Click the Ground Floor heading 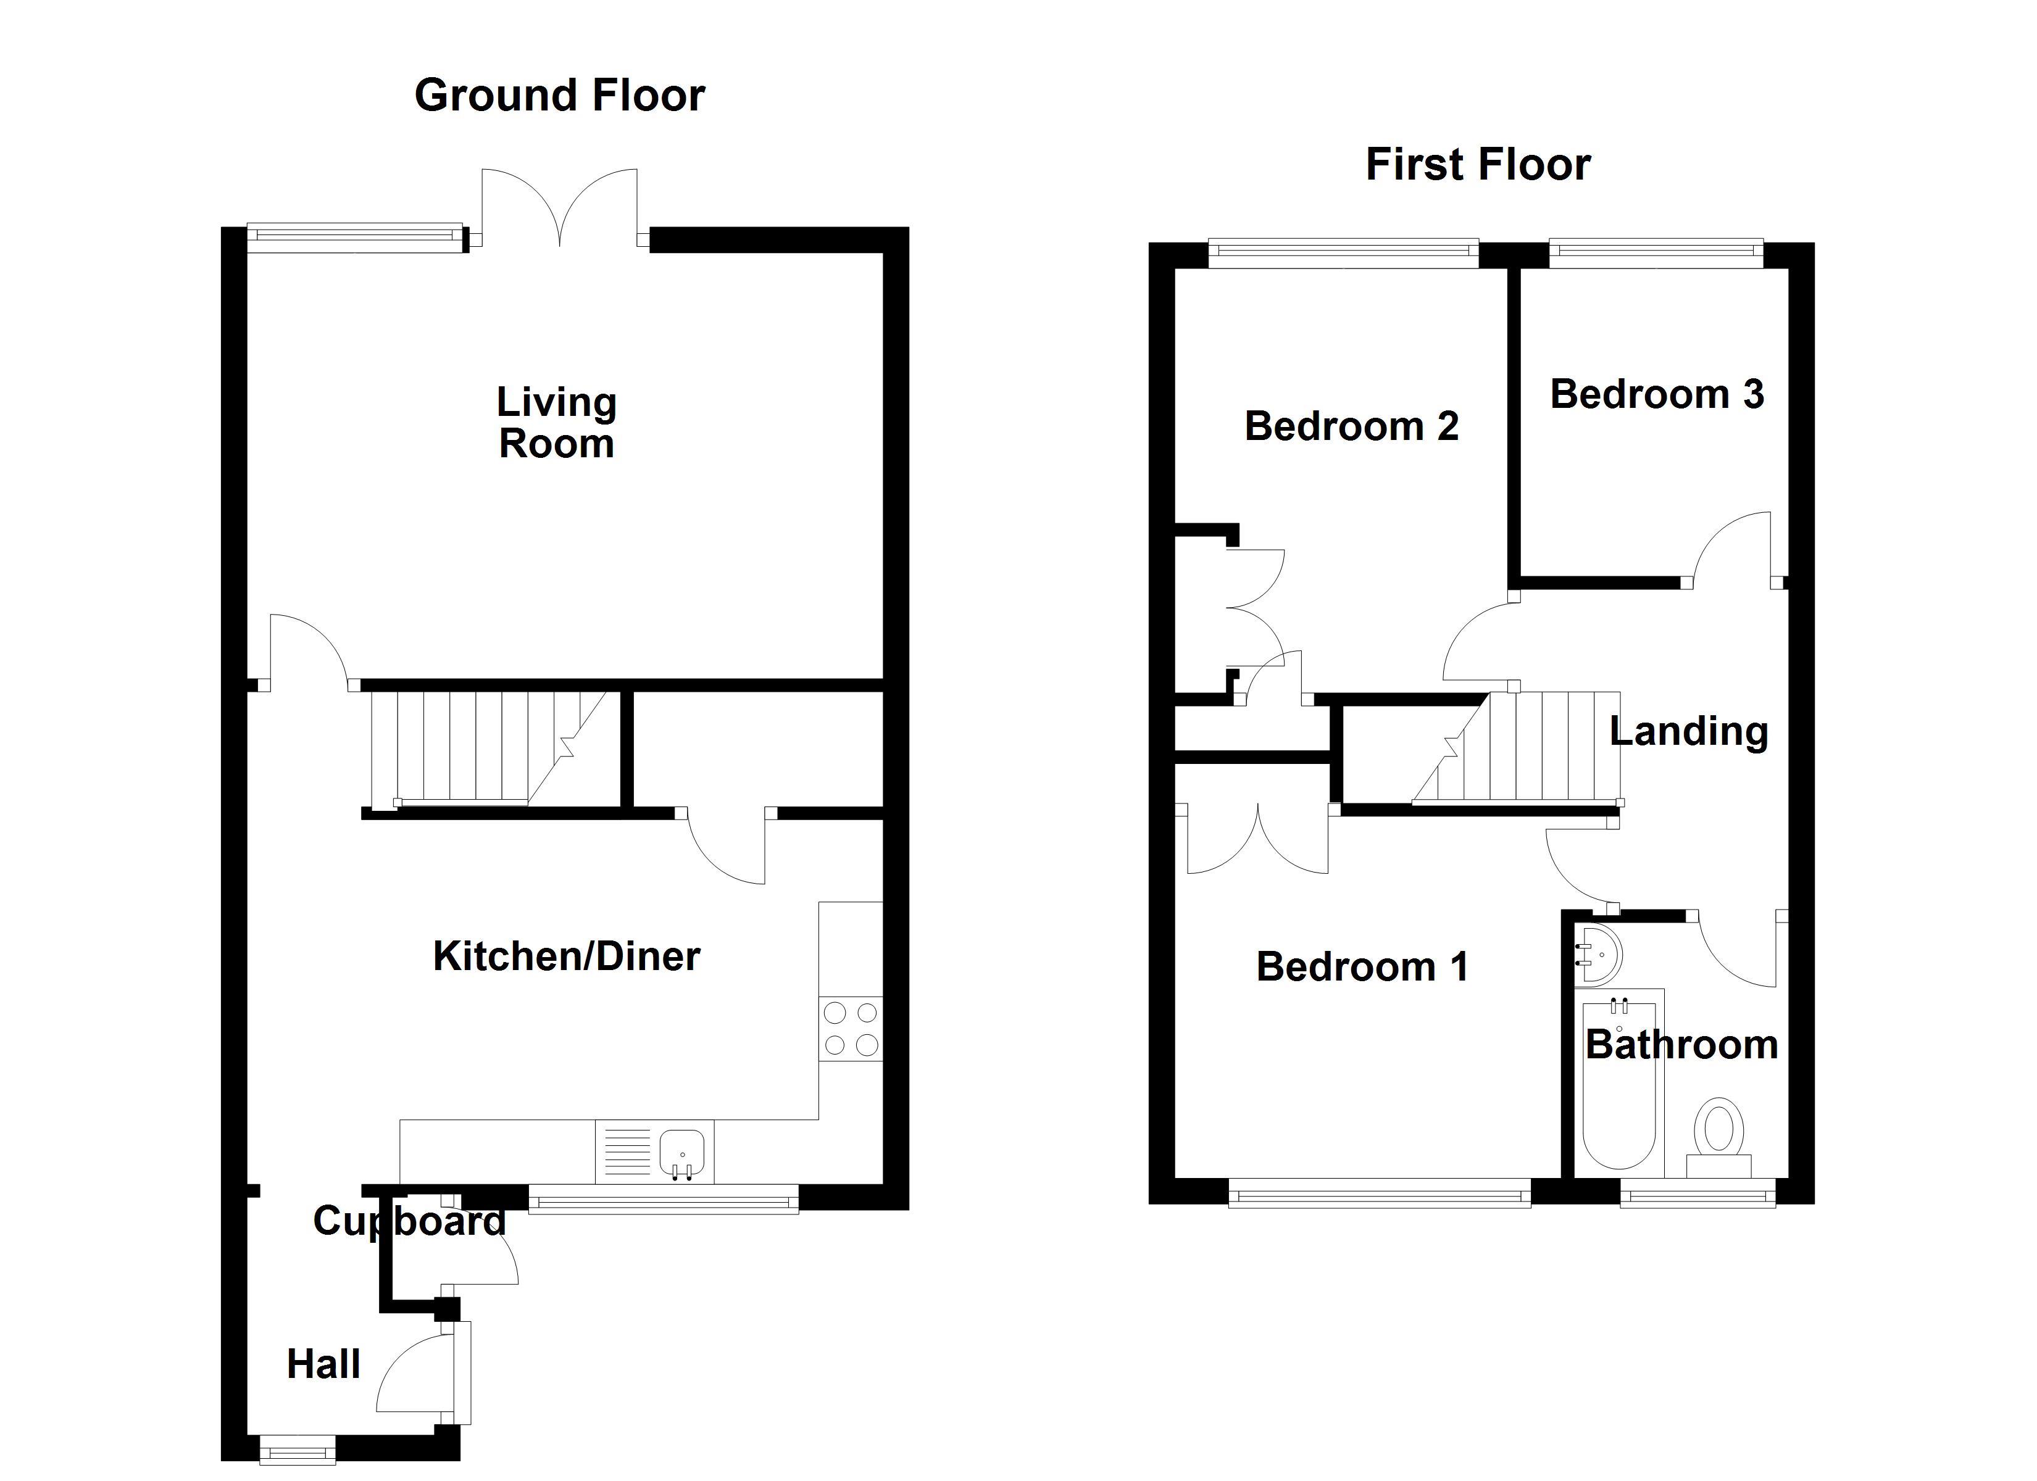tap(559, 95)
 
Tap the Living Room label tap(556, 423)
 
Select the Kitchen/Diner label tap(566, 956)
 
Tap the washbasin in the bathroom tap(1599, 954)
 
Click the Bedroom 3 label tap(1657, 394)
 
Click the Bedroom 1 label tap(1362, 967)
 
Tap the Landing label tap(1688, 731)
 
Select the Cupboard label tap(409, 1221)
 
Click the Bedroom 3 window tap(1656, 253)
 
